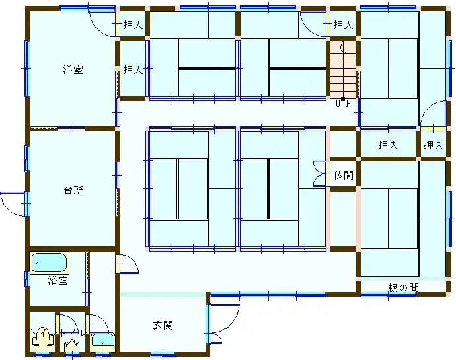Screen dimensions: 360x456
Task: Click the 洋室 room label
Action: tap(73, 69)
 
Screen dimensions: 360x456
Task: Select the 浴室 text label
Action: tap(57, 281)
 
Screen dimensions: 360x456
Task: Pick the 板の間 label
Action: tap(403, 287)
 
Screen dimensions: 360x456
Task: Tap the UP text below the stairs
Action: tap(343, 104)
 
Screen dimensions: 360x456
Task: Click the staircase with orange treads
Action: tap(342, 69)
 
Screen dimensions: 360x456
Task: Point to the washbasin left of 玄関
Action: tap(102, 341)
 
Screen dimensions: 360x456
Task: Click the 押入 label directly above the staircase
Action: tap(342, 25)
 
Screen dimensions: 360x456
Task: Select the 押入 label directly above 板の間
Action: tap(388, 145)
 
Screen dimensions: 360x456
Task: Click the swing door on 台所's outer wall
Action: tap(13, 202)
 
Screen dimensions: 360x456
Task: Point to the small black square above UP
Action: tap(342, 98)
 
